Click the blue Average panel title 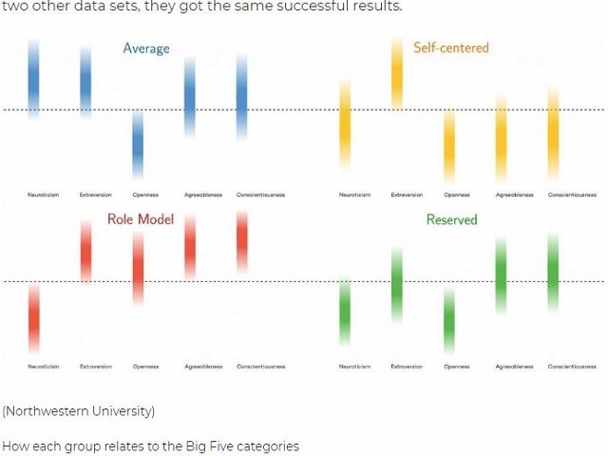click(145, 48)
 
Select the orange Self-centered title click(450, 47)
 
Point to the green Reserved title click(451, 219)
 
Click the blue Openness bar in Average click(138, 144)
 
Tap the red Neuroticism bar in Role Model click(34, 318)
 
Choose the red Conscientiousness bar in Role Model click(241, 243)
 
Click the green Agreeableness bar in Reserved click(501, 275)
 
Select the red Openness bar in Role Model click(139, 269)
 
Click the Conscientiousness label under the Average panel click(260, 195)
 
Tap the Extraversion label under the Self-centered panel click(407, 195)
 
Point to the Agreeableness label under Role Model click(202, 366)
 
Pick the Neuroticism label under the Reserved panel click(354, 366)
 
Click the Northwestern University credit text click(78, 411)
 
